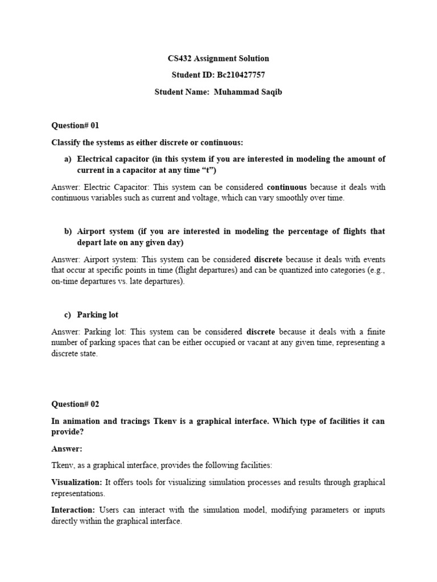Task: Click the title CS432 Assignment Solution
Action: tap(218, 59)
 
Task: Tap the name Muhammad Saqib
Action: tap(248, 92)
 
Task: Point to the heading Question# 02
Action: tap(75, 405)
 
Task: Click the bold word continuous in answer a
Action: tap(287, 187)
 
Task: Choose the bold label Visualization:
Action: tap(77, 482)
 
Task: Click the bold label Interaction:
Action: tap(72, 510)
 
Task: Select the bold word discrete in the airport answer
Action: tap(268, 259)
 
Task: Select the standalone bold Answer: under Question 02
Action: tap(67, 449)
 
